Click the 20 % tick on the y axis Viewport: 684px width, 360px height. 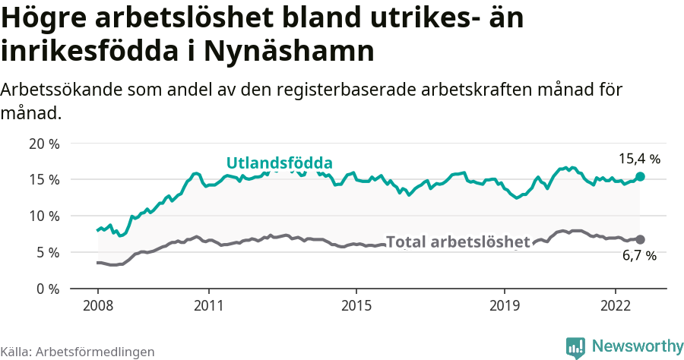coord(43,144)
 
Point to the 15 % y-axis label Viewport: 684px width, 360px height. coord(43,180)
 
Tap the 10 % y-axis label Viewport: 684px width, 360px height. coord(43,216)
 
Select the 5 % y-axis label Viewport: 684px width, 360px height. coord(47,252)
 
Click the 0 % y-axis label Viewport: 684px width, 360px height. coord(47,289)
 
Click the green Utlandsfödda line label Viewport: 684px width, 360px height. coord(279,163)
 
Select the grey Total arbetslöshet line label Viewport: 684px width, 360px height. coord(458,242)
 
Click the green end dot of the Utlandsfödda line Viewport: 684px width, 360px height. coord(640,176)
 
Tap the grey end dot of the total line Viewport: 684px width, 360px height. coord(640,239)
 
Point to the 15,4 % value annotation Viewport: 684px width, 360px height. coord(639,159)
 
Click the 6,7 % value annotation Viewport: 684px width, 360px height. coord(639,257)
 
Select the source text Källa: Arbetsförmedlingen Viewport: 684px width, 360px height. coord(78,352)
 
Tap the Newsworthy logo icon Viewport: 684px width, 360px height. coord(575,347)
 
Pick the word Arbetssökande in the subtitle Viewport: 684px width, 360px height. coord(53,90)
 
